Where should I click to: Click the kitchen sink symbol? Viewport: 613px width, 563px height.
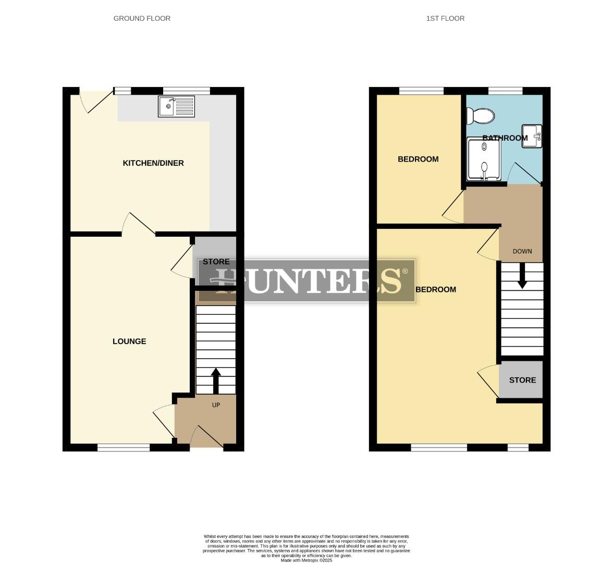coord(176,107)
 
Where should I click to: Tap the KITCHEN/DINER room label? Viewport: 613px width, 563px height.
coord(153,163)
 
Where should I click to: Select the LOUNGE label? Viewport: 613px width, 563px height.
coord(129,341)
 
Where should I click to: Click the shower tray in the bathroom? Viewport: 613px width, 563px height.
coord(484,160)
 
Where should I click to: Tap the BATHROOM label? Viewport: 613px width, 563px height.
coord(505,138)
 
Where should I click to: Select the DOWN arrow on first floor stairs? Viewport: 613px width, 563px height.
coord(522,276)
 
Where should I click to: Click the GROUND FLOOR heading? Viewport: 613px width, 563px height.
coord(142,18)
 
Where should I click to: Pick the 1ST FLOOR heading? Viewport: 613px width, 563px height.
coord(445,18)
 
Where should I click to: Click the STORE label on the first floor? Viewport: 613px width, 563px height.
coord(522,380)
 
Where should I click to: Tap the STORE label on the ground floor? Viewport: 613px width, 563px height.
coord(216,262)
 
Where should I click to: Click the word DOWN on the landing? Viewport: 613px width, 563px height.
coord(522,251)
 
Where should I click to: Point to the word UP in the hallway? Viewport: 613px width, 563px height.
coord(216,405)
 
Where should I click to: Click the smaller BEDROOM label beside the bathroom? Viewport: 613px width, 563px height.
coord(418,159)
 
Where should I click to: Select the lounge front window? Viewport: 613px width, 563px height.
coord(124,447)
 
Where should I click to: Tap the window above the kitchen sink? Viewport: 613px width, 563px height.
coord(186,90)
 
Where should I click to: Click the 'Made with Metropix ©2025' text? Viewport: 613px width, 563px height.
coord(307,560)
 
